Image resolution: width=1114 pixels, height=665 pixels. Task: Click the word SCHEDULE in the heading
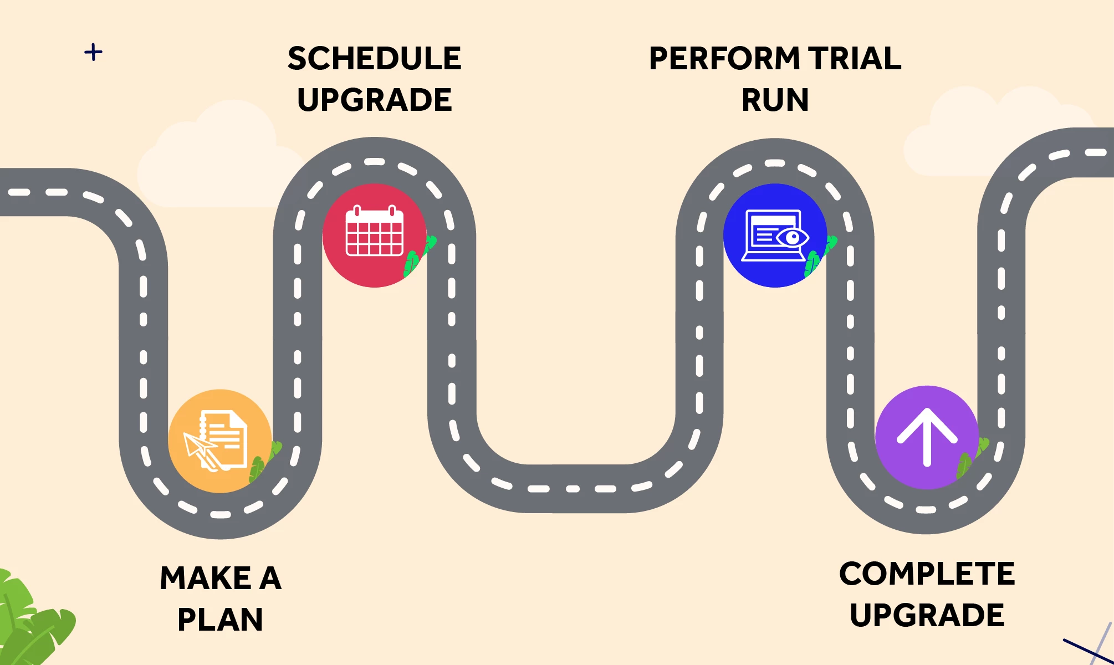click(x=375, y=58)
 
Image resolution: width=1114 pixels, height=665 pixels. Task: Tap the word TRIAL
click(x=855, y=58)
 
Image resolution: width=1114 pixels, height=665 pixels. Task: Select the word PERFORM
click(x=724, y=58)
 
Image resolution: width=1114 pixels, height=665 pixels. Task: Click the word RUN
click(x=775, y=100)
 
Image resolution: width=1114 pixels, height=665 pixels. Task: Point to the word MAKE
click(x=206, y=578)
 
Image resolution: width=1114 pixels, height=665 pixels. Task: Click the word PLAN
click(x=221, y=620)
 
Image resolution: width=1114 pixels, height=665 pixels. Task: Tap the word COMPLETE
click(x=927, y=574)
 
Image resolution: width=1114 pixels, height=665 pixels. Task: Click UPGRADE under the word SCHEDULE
click(x=375, y=100)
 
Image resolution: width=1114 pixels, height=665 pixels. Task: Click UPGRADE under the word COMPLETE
click(x=927, y=615)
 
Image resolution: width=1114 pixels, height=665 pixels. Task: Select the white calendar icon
click(x=375, y=231)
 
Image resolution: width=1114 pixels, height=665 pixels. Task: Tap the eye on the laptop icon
click(x=793, y=238)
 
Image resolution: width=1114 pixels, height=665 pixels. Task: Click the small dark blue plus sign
click(x=93, y=53)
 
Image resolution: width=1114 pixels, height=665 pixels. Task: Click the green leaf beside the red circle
click(x=419, y=256)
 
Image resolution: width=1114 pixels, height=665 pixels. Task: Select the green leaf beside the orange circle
click(x=265, y=461)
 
